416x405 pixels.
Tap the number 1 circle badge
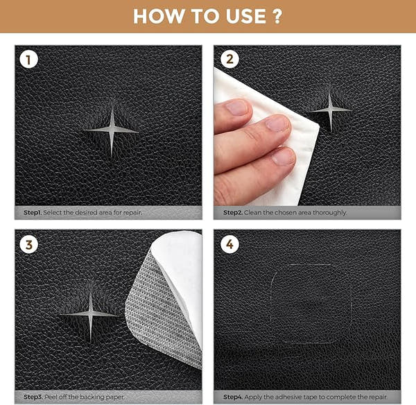click(28, 60)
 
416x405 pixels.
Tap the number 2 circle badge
click(228, 60)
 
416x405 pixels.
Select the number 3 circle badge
click(28, 244)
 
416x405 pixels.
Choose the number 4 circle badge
click(228, 244)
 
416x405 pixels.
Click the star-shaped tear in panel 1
click(111, 130)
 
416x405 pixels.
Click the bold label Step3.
click(33, 397)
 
